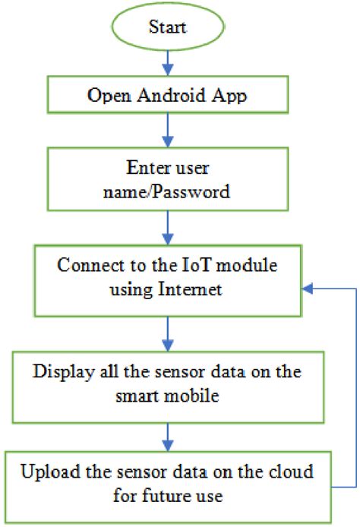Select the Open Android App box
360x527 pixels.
168,96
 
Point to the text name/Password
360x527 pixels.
168,191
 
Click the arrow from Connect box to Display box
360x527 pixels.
168,331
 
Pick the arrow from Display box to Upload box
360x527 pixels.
168,437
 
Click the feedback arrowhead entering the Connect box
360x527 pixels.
308,289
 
